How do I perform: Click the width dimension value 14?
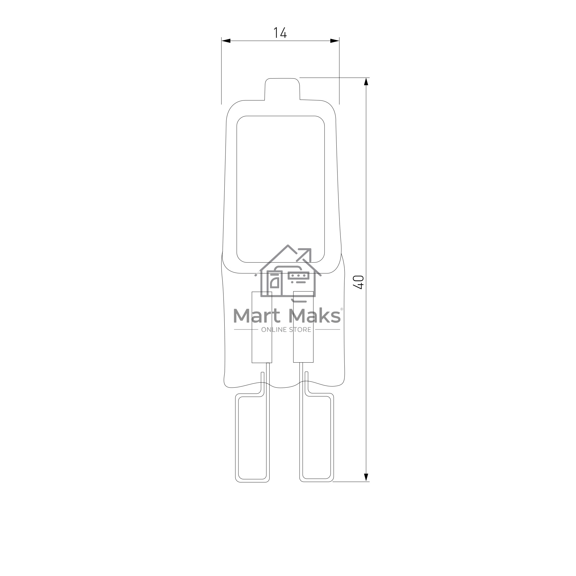point(280,33)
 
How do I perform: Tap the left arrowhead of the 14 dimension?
point(226,41)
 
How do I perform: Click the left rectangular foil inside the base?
point(262,327)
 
